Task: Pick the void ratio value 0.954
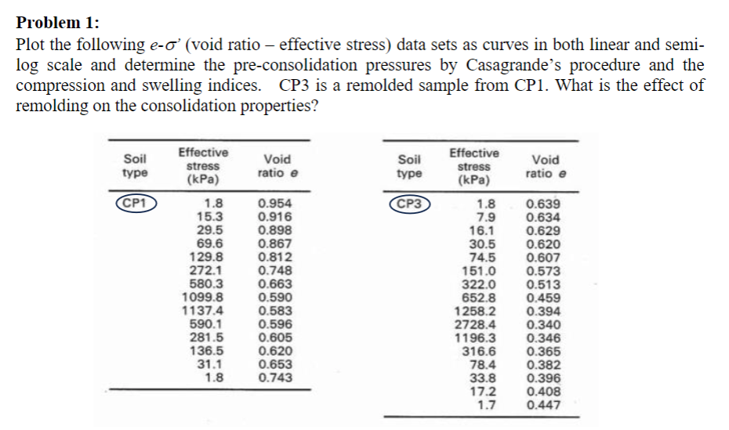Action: tap(274, 204)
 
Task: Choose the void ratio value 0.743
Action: tap(274, 377)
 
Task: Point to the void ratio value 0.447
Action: tap(543, 405)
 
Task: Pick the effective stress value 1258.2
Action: tap(476, 312)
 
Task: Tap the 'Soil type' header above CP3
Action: tap(411, 165)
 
